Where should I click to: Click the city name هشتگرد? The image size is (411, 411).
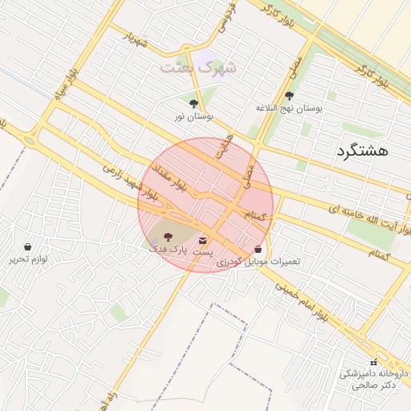(364, 150)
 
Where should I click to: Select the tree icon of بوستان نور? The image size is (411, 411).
(193, 104)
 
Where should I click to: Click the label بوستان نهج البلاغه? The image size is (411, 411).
(288, 108)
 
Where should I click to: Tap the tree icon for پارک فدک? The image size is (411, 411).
(168, 237)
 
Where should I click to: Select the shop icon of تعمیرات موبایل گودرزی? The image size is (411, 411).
(257, 249)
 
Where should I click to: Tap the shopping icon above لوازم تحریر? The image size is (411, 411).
(29, 246)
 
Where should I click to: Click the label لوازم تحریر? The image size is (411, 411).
(29, 259)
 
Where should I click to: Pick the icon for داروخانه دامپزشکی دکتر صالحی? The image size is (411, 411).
(372, 362)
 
